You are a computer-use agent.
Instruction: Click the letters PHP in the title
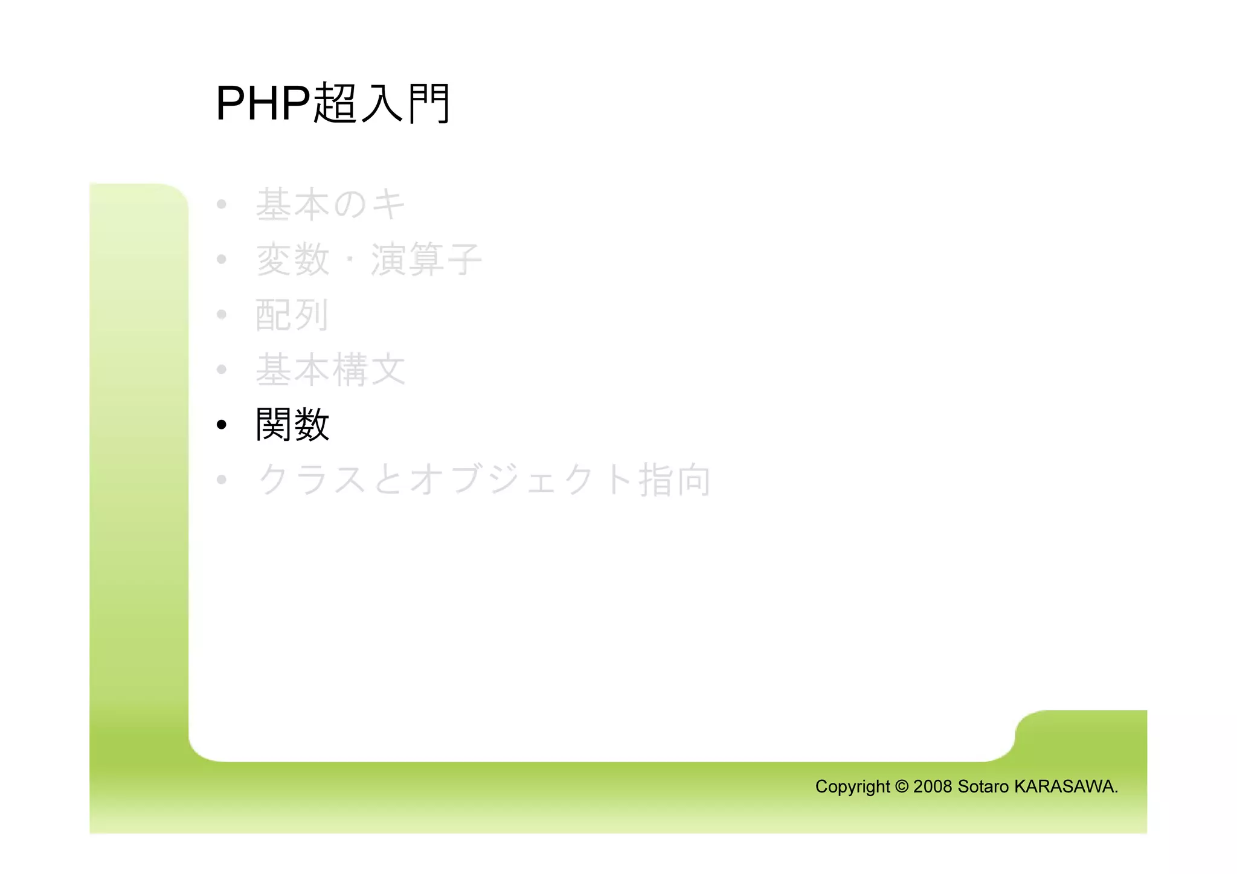pyautogui.click(x=263, y=104)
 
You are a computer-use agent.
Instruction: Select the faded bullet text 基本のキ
pyautogui.click(x=330, y=204)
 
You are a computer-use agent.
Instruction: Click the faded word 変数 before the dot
pyautogui.click(x=293, y=260)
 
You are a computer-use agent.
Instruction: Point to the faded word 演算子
pyautogui.click(x=426, y=260)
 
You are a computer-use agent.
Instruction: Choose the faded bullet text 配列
pyautogui.click(x=292, y=315)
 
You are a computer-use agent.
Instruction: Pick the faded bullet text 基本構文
pyautogui.click(x=330, y=370)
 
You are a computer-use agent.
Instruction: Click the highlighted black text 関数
pyautogui.click(x=292, y=425)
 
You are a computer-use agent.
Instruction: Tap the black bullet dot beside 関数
pyautogui.click(x=222, y=425)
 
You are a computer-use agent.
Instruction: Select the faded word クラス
pyautogui.click(x=312, y=480)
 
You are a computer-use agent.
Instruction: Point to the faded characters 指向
pyautogui.click(x=675, y=480)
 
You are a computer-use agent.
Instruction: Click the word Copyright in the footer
pyautogui.click(x=852, y=786)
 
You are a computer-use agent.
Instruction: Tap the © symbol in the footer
pyautogui.click(x=902, y=786)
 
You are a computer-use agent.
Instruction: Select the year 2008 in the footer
pyautogui.click(x=933, y=786)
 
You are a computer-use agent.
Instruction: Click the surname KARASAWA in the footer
pyautogui.click(x=1064, y=786)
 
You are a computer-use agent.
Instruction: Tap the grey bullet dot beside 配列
pyautogui.click(x=222, y=315)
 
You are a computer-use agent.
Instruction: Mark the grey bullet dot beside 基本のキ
pyautogui.click(x=222, y=205)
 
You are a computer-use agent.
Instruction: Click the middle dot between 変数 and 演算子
pyautogui.click(x=350, y=260)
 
